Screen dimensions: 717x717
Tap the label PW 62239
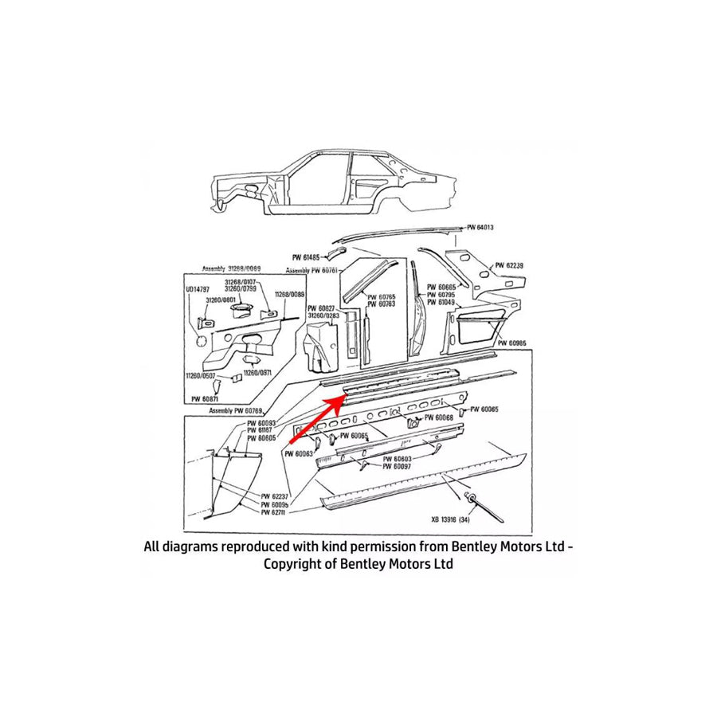510,265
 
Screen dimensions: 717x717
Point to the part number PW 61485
305,257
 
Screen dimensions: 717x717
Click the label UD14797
197,289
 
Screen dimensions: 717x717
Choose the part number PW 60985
513,343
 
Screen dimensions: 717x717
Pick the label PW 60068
439,417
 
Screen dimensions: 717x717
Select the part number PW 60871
206,398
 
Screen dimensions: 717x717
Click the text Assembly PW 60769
237,410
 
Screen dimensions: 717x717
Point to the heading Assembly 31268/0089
232,268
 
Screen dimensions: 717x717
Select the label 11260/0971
257,373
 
